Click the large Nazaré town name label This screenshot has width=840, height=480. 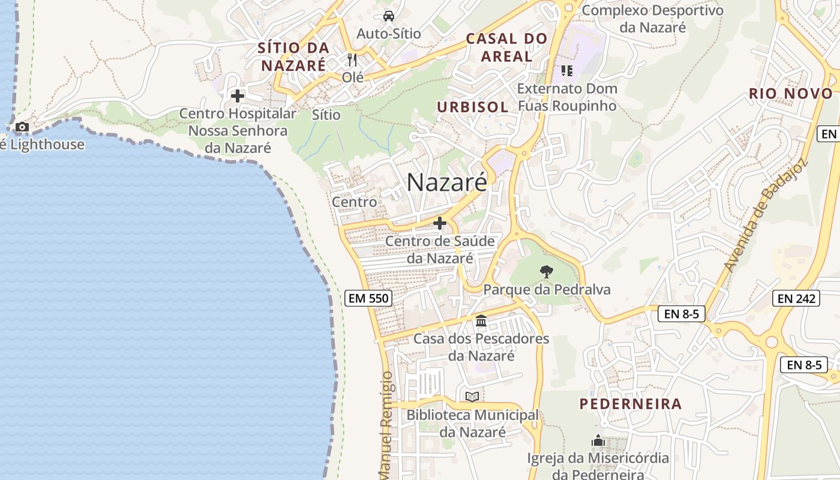click(x=447, y=182)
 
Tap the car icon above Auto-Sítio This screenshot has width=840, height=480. click(x=389, y=16)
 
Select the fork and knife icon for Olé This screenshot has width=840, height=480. click(x=352, y=60)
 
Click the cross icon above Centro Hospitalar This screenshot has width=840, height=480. click(x=238, y=95)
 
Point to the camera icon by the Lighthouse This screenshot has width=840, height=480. click(x=22, y=127)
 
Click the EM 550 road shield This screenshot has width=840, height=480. click(x=368, y=298)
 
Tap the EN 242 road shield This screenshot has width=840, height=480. click(x=796, y=298)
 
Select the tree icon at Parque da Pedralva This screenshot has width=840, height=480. click(x=546, y=271)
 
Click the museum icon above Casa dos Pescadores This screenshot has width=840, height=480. click(x=481, y=321)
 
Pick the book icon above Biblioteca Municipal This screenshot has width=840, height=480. click(x=472, y=397)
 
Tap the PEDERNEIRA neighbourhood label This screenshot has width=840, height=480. click(x=631, y=404)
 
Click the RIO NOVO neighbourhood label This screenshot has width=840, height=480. click(x=791, y=94)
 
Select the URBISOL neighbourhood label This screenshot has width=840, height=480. click(x=473, y=107)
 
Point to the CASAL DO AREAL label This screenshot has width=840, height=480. click(x=507, y=47)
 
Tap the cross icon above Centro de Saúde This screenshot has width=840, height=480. click(x=440, y=223)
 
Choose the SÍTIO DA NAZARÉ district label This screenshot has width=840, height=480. click(x=294, y=56)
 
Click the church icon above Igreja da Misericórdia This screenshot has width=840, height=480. click(x=598, y=441)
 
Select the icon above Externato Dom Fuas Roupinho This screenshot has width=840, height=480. click(x=566, y=71)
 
